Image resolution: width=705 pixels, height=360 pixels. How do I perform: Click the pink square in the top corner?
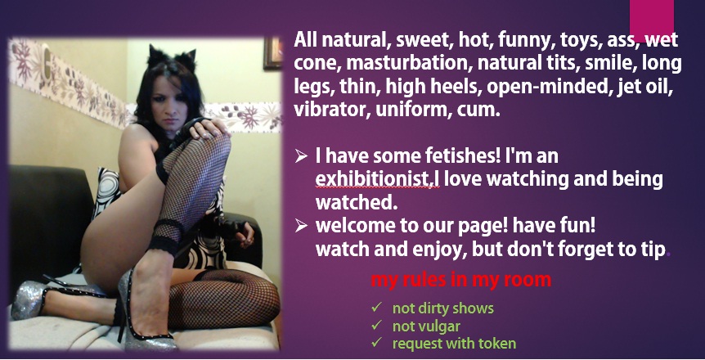(x=652, y=20)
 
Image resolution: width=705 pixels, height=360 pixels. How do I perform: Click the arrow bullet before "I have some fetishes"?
(x=301, y=156)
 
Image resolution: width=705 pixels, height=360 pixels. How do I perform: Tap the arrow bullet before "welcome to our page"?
(x=301, y=226)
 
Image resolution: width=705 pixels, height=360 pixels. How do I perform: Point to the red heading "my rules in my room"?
(x=460, y=280)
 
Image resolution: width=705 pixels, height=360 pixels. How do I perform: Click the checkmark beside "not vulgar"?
(x=376, y=325)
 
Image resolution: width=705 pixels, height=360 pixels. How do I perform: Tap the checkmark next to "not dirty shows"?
(x=376, y=308)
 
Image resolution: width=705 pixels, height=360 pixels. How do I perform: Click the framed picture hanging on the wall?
(x=272, y=53)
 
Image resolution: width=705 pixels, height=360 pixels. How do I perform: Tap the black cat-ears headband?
(x=173, y=56)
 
